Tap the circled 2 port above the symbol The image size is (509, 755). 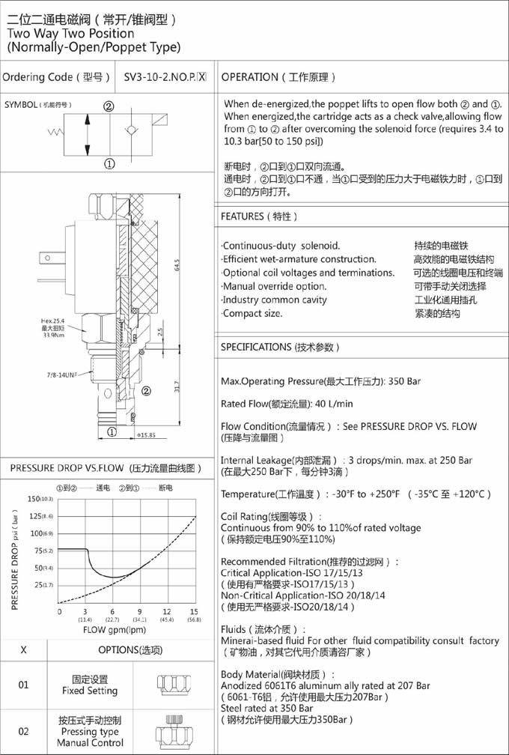tap(109, 106)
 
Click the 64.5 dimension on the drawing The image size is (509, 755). tap(177, 266)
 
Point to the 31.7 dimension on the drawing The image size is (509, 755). tap(177, 387)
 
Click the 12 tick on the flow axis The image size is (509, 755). tap(166, 611)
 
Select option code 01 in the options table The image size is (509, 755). tap(24, 685)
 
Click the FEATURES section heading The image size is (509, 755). tap(260, 217)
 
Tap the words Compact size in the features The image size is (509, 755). tap(253, 313)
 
